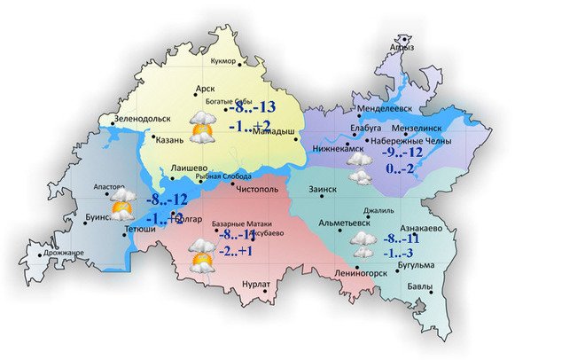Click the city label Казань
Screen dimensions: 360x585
point(169,139)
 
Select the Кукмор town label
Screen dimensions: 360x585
point(224,61)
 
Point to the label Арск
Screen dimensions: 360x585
point(206,89)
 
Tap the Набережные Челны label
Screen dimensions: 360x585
point(410,141)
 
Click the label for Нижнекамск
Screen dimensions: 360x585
point(333,149)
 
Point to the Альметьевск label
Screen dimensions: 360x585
point(344,223)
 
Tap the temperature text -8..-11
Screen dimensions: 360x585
point(403,238)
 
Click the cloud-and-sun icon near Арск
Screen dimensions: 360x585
point(201,129)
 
